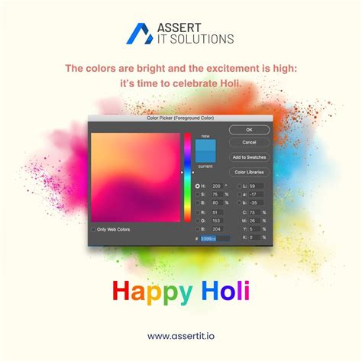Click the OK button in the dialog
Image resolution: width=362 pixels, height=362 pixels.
pos(249,130)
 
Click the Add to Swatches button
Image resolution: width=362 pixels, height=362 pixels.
pos(249,157)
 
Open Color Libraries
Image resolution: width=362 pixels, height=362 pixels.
pos(249,173)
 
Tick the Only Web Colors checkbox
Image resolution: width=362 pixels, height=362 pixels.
pos(94,229)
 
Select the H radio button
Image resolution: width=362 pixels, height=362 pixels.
pos(198,186)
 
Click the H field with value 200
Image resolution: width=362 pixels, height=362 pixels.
pos(216,186)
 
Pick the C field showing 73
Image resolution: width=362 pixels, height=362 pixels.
pos(254,212)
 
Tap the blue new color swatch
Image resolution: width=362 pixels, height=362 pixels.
pos(205,146)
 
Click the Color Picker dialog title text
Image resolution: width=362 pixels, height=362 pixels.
pos(180,119)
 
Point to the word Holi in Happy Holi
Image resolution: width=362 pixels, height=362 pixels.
pos(225,291)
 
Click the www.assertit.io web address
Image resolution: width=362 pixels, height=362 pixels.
pos(181,335)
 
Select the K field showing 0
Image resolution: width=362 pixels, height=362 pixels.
pos(254,238)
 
